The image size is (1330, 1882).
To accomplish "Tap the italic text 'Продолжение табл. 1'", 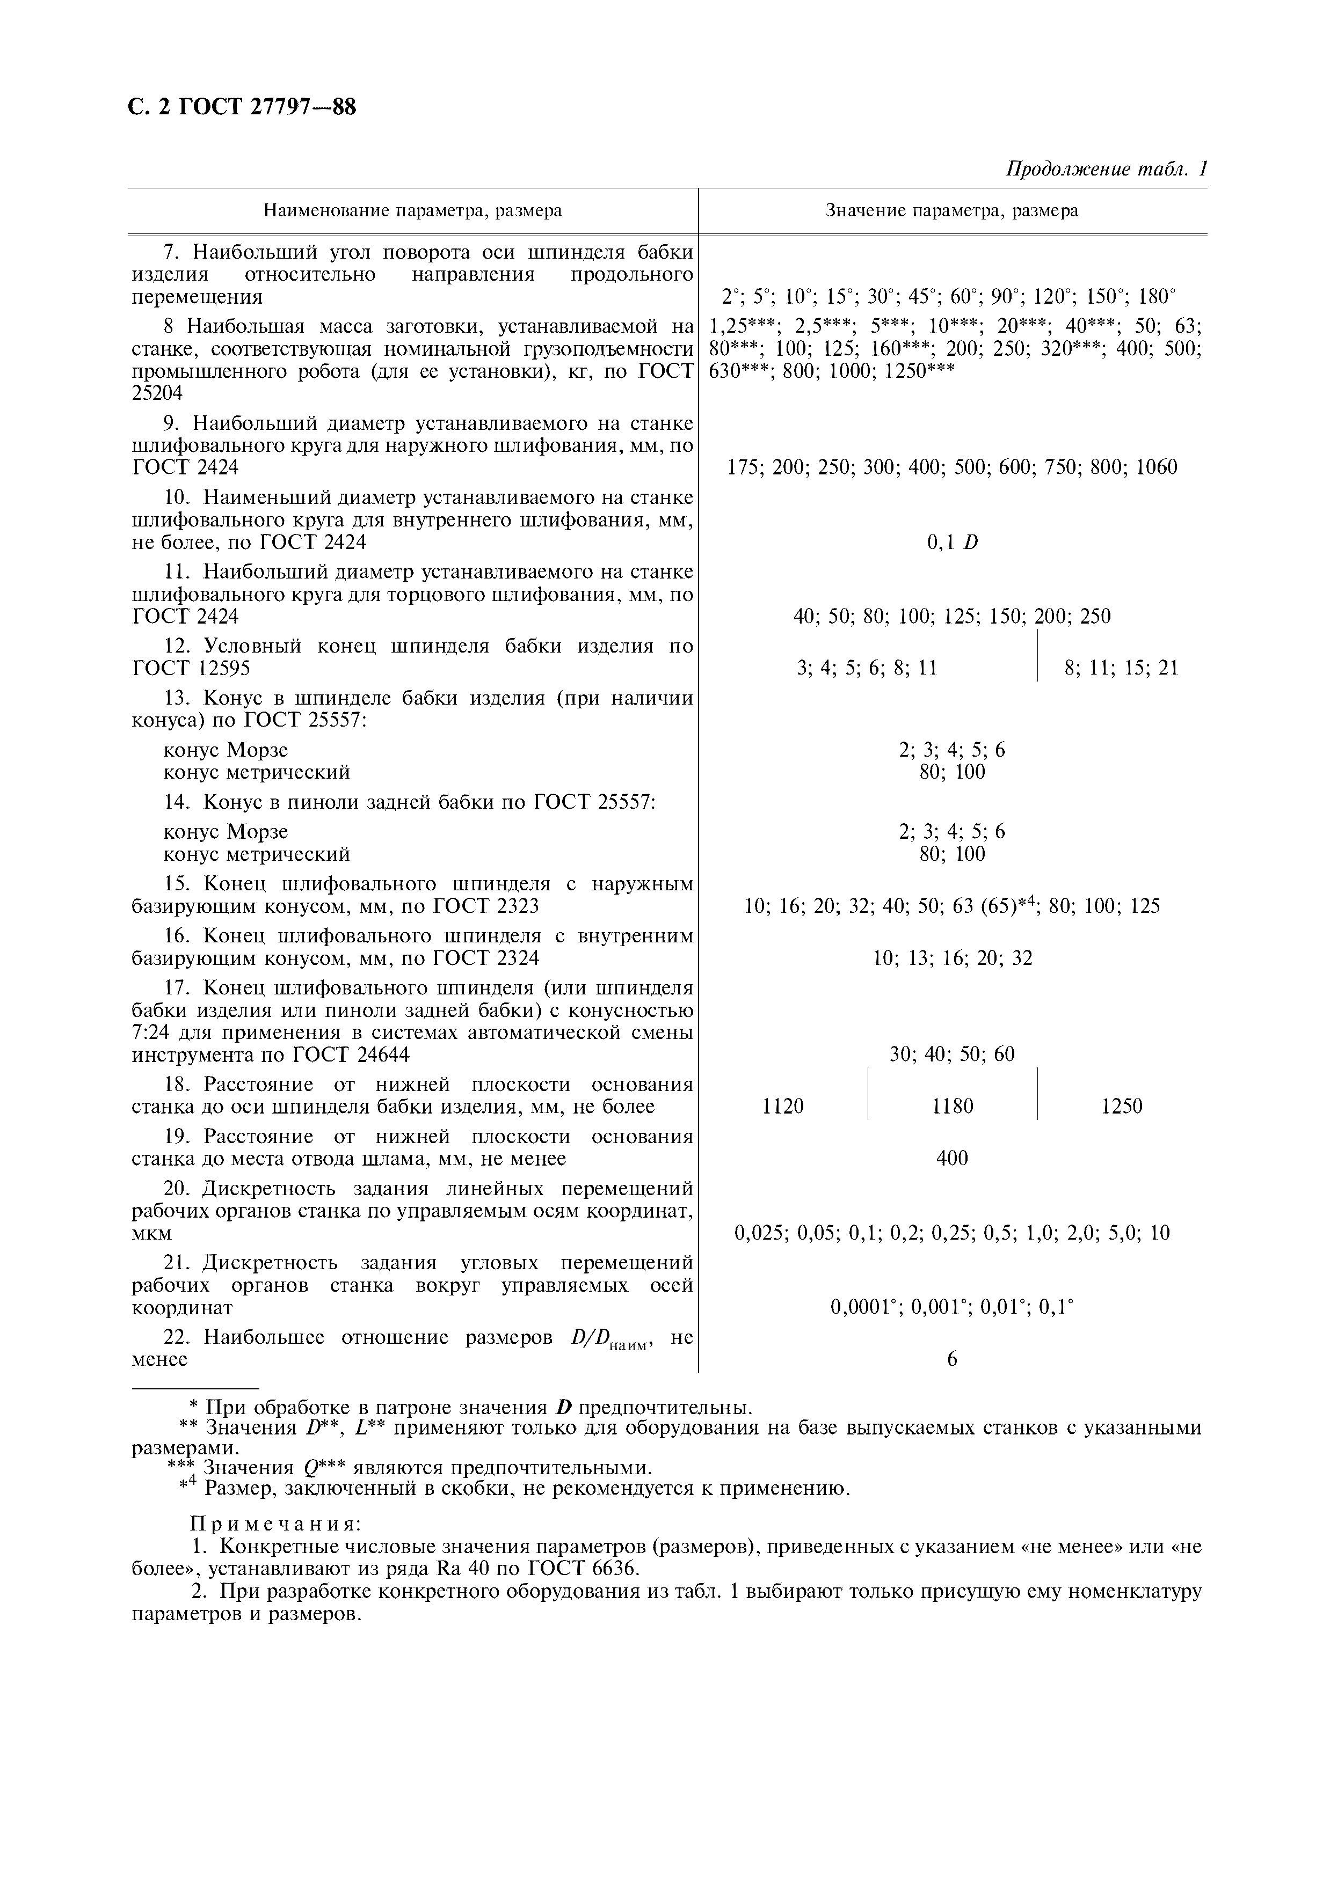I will point(1106,170).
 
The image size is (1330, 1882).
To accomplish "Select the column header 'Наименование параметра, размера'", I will point(412,211).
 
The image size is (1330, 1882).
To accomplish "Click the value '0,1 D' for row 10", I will point(952,543).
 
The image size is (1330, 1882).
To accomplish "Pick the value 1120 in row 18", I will point(782,1107).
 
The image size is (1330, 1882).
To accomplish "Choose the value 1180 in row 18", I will point(952,1107).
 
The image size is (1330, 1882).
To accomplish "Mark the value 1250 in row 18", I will point(1121,1107).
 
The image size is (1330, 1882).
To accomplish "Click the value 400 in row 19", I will point(952,1158).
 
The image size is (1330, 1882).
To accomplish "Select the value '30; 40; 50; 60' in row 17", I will point(952,1054).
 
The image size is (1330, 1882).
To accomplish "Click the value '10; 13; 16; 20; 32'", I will point(952,958).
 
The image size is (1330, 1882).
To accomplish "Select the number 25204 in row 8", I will point(157,393).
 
